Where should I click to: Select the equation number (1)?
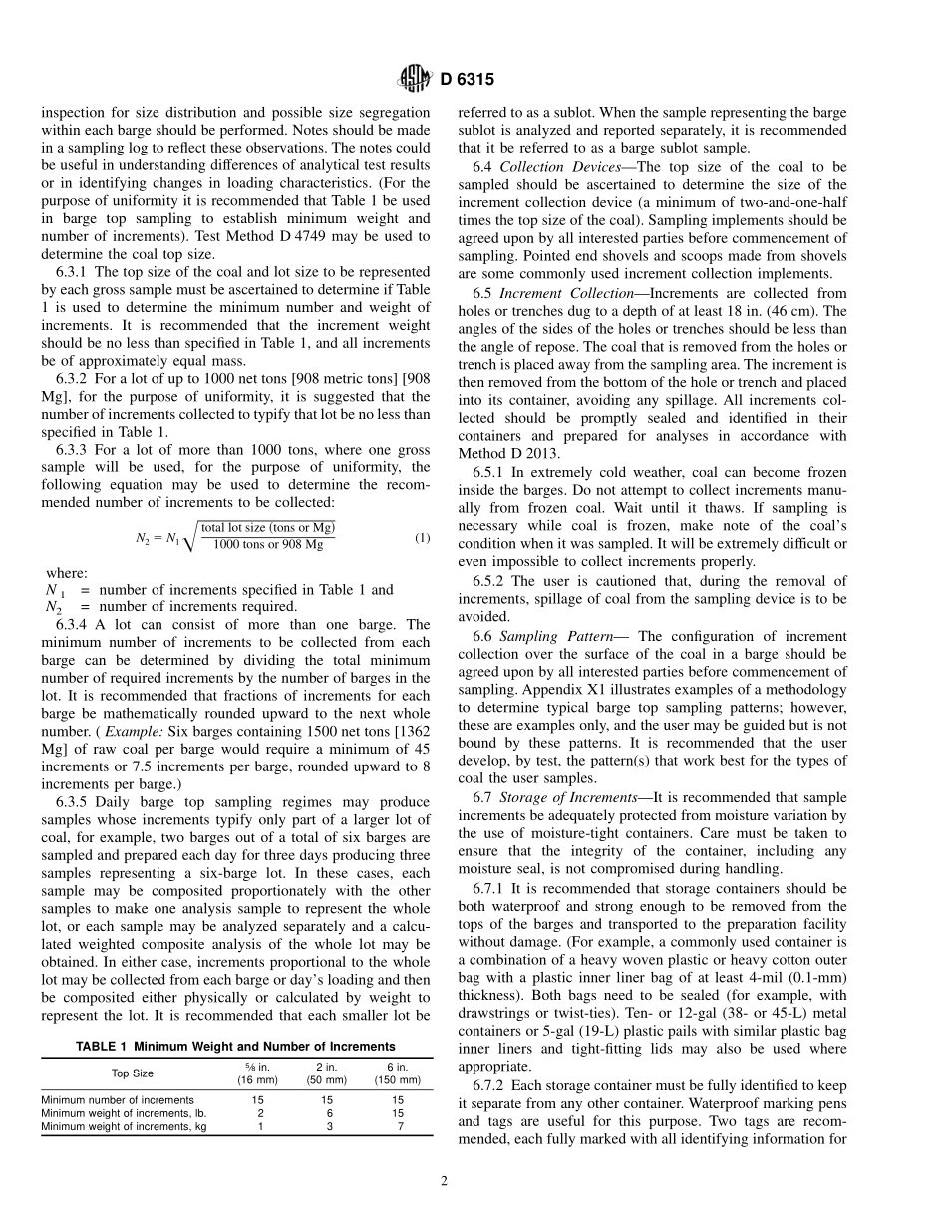(x=422, y=538)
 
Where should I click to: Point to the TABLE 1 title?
(x=235, y=1046)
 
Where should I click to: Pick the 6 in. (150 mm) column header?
(x=398, y=1073)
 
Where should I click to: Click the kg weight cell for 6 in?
(x=398, y=1126)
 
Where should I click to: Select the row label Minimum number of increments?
(x=118, y=1100)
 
